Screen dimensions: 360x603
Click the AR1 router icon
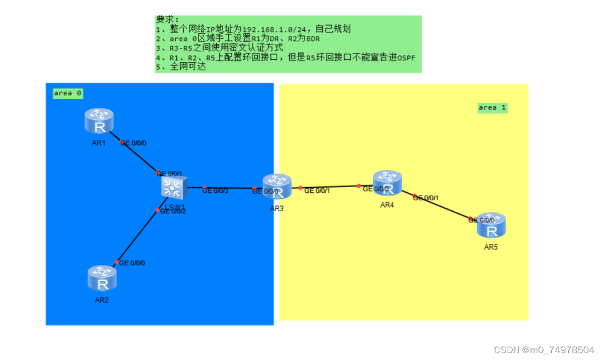coord(100,122)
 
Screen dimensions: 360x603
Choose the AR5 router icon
coord(492,226)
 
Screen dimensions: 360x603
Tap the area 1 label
coord(492,107)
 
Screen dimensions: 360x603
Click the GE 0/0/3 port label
coord(215,191)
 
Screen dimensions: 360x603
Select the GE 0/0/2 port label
coord(173,211)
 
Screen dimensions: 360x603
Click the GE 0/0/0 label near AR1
coord(133,143)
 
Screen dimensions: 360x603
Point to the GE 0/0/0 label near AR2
coord(132,263)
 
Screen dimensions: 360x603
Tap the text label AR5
coord(491,247)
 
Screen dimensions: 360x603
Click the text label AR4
coord(387,205)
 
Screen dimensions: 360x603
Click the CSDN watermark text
coord(544,350)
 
